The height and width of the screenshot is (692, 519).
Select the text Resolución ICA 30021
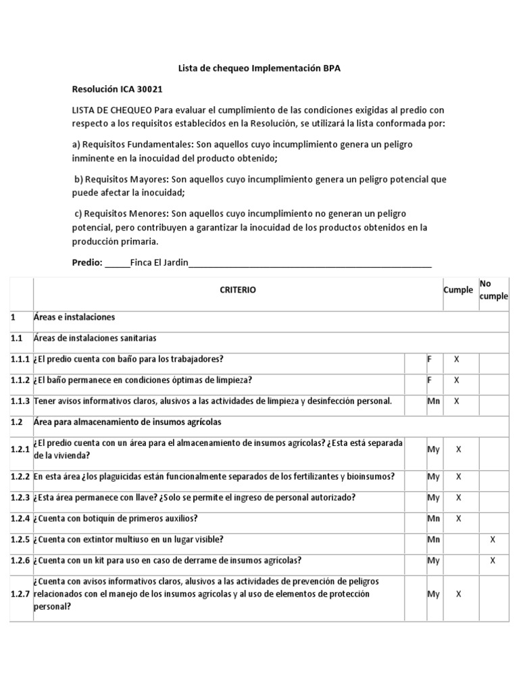coord(117,89)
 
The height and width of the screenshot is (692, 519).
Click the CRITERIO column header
coord(238,290)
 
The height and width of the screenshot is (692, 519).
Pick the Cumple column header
coord(458,290)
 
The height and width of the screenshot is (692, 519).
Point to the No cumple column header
coord(493,290)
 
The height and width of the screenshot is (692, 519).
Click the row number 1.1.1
coord(21,359)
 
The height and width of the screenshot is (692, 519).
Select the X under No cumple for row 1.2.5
coord(493,539)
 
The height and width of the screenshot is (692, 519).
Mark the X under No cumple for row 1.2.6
coord(493,560)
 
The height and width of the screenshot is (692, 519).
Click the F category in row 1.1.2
coord(429,380)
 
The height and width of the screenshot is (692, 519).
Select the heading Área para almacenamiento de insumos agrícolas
coord(127,422)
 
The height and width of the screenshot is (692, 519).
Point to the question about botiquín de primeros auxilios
coord(116,518)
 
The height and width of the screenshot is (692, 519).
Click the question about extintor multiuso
coord(128,539)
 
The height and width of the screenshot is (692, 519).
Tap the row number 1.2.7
coord(21,594)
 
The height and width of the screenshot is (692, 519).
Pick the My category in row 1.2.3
coord(433,497)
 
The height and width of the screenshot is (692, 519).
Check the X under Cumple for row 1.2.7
coord(459,594)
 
